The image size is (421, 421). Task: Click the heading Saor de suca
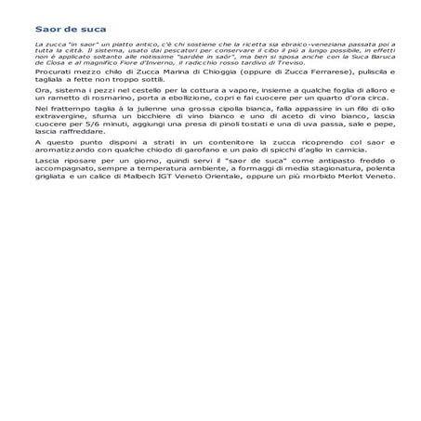coord(57,29)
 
